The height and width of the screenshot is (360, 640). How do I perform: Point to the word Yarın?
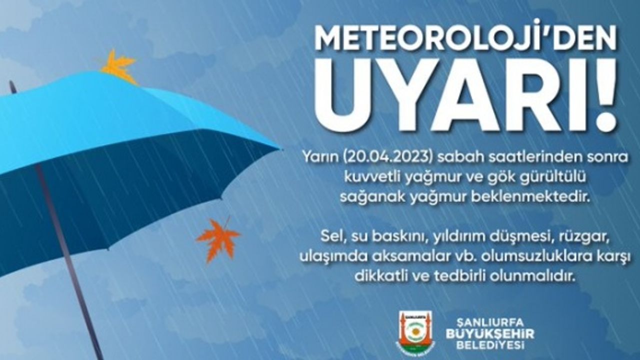[x=319, y=157]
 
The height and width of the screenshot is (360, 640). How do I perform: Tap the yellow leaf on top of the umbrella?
[x=118, y=67]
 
